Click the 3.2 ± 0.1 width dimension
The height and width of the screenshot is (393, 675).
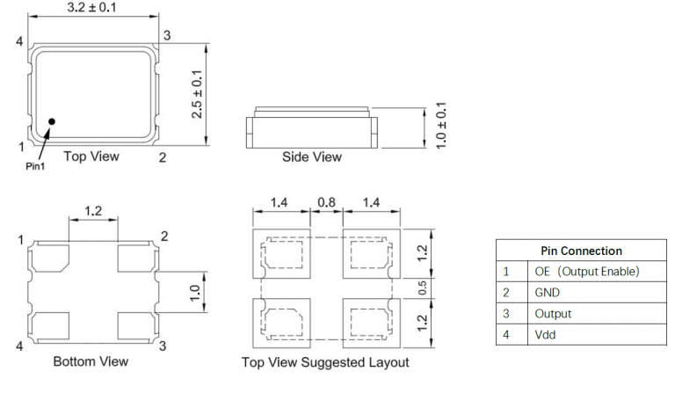tap(94, 8)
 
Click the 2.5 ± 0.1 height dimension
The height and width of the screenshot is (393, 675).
tap(198, 94)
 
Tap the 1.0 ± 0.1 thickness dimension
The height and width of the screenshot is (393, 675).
tap(442, 127)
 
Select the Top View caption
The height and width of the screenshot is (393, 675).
tap(91, 156)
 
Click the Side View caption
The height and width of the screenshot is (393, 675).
tap(311, 157)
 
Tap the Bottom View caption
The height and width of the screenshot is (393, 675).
tap(91, 361)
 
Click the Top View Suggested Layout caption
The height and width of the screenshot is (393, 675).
tap(325, 362)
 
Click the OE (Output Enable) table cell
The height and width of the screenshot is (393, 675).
tap(586, 272)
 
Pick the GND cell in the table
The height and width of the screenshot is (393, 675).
tap(547, 293)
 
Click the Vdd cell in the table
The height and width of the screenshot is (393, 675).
tap(545, 335)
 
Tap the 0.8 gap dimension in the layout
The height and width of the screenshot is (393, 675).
tap(326, 202)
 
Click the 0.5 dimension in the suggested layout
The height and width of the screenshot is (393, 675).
tap(422, 287)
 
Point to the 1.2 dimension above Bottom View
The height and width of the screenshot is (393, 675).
tap(94, 211)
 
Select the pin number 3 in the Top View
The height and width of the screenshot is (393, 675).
tap(166, 35)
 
